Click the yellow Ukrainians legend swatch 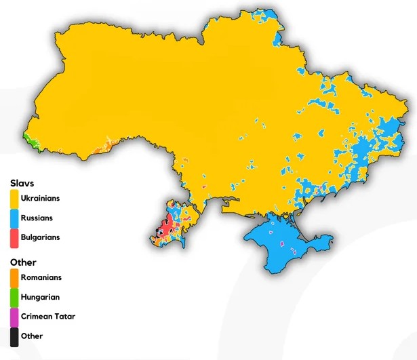point(14,199)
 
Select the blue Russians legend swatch point(14,218)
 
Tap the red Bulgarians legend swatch point(14,238)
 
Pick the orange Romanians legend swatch point(14,277)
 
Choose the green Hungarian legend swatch point(14,297)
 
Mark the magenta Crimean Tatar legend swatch point(14,317)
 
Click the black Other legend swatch point(14,336)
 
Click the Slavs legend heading point(22,183)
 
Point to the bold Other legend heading point(23,262)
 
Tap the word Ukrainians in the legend point(40,199)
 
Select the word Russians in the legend point(37,218)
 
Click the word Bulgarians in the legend point(40,238)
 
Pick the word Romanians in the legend point(41,277)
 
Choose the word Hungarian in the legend point(40,297)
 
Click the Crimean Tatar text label point(47,317)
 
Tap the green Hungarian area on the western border point(28,141)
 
